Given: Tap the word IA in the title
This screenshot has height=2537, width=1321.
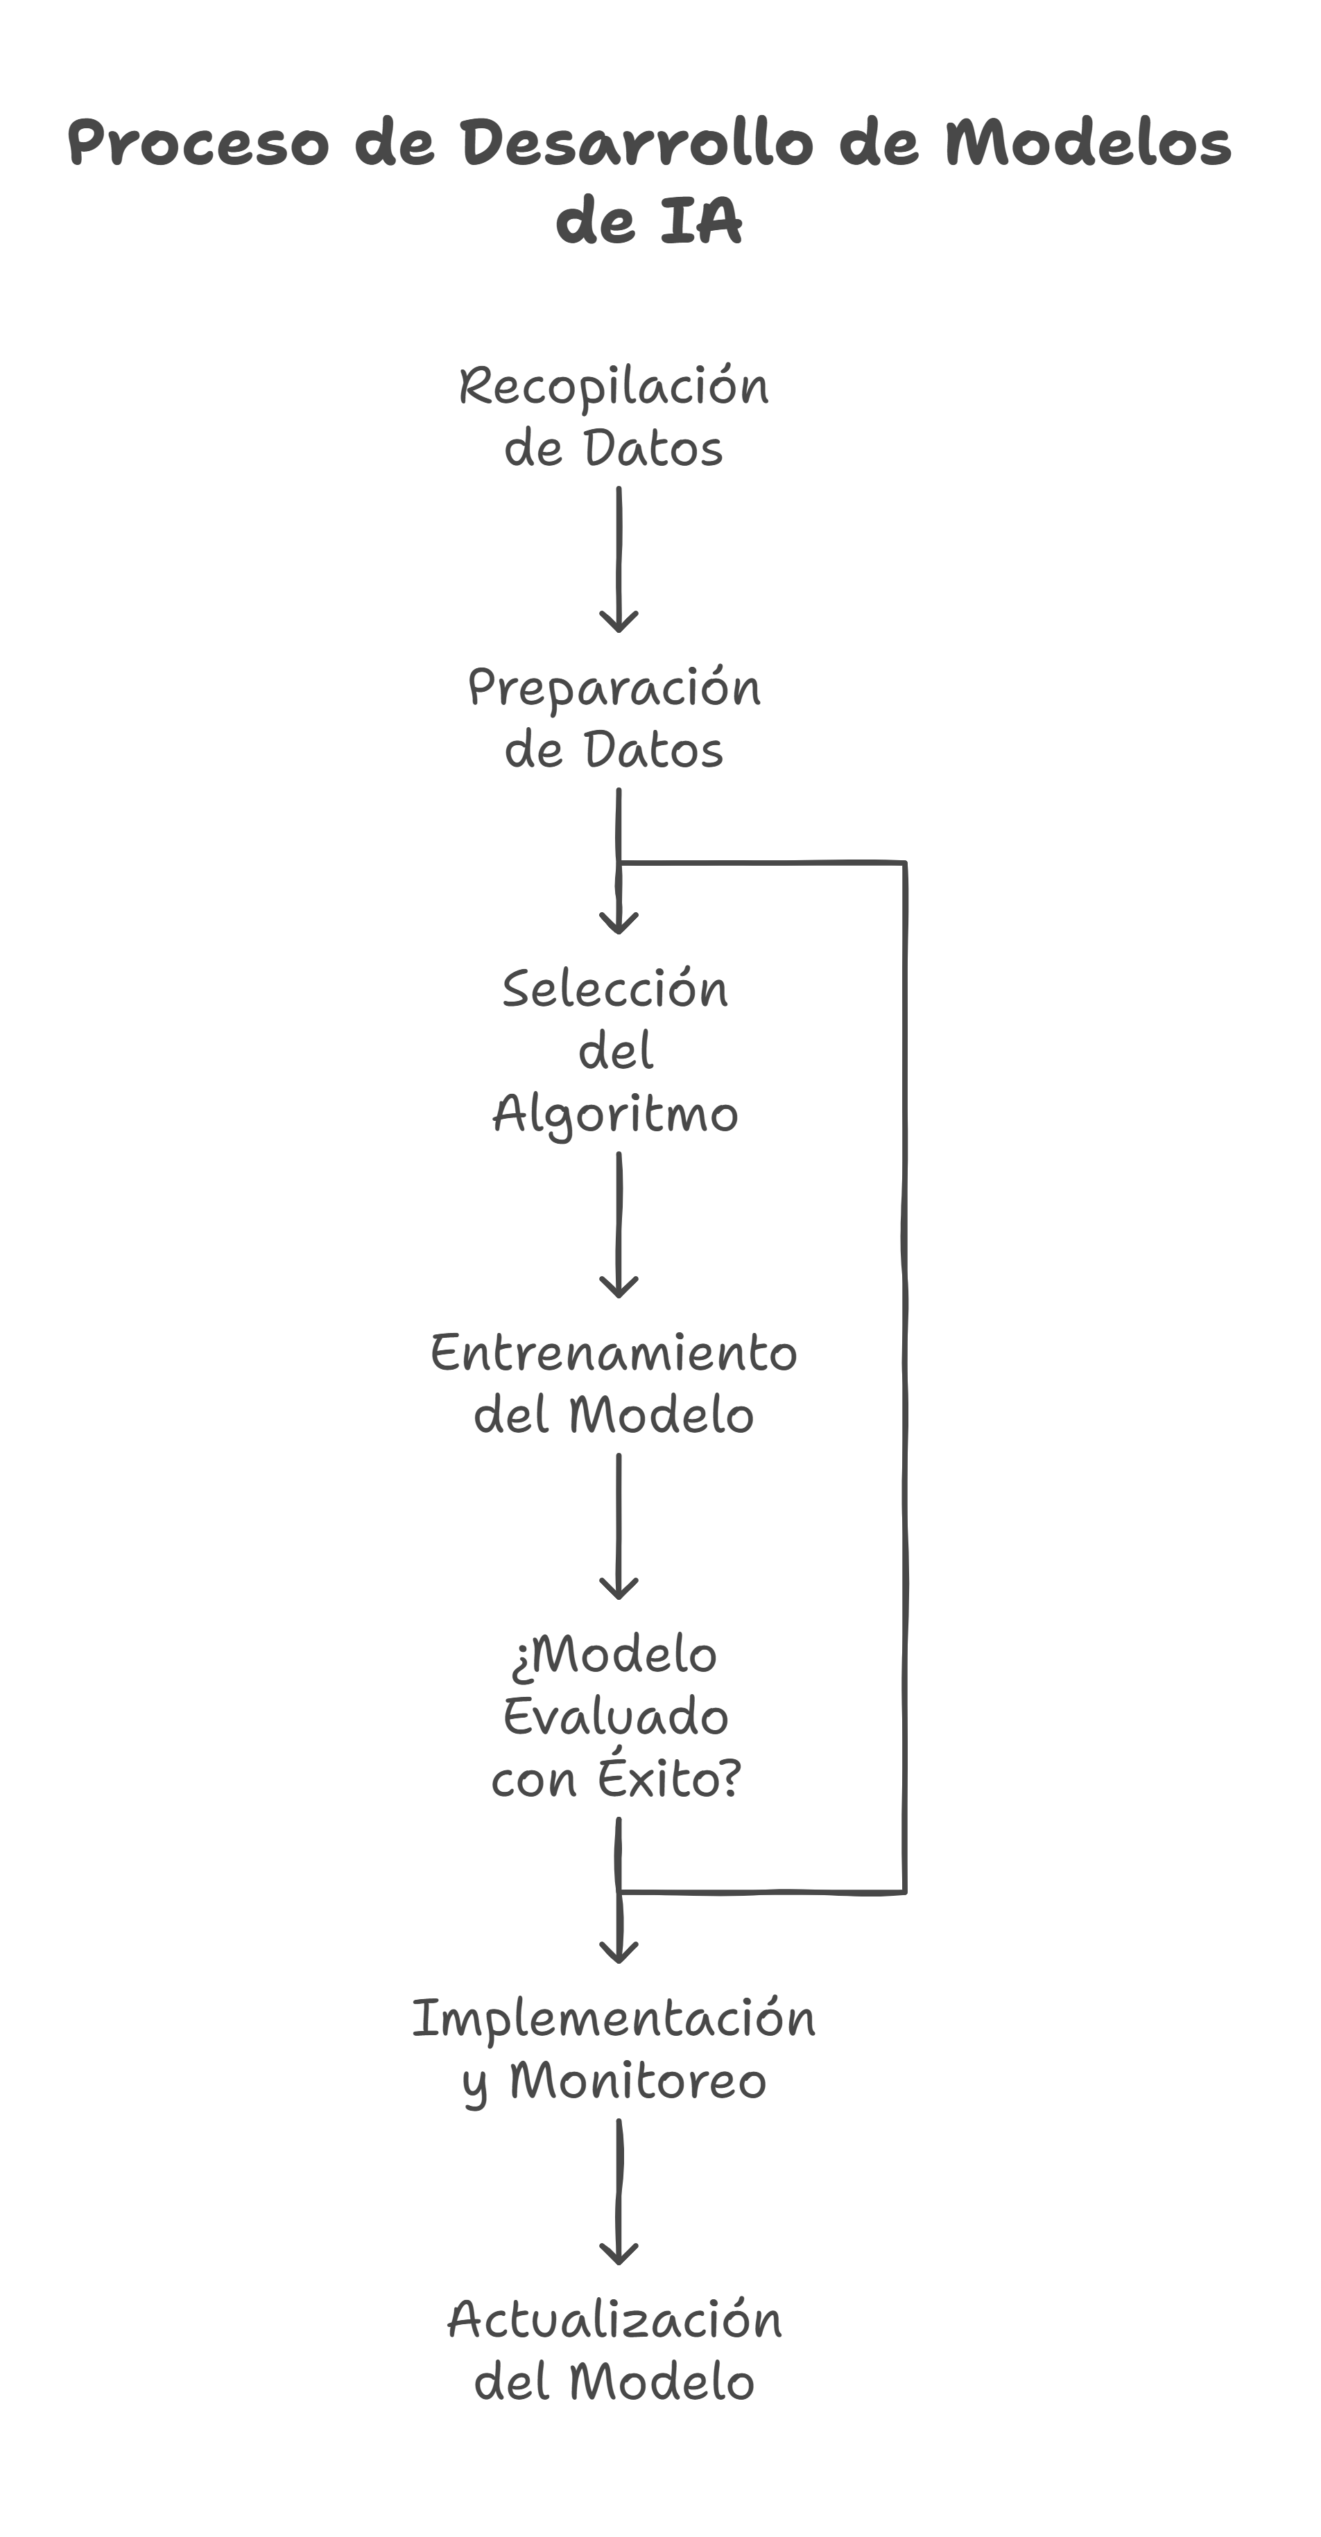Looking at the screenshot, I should pos(700,222).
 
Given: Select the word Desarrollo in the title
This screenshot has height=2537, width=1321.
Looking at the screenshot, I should pos(637,143).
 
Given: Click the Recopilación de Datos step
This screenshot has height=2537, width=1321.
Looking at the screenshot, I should pos(614,417).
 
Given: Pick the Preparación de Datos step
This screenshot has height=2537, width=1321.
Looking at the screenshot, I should pos(614,718).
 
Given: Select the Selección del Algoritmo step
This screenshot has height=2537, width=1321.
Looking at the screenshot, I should pos(614,1052).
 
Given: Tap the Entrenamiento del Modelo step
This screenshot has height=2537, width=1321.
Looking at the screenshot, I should pos(614,1384).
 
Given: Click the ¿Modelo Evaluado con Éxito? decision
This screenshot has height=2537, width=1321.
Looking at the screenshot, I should pos(614,1716).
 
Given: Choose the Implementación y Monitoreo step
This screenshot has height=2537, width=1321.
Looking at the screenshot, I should pos(614,2050).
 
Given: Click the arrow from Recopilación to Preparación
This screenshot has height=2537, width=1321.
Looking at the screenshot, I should pos(619,557).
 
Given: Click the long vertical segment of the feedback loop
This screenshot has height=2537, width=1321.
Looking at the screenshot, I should pos(904,1379).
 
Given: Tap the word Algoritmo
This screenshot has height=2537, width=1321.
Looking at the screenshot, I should pos(614,1115).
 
